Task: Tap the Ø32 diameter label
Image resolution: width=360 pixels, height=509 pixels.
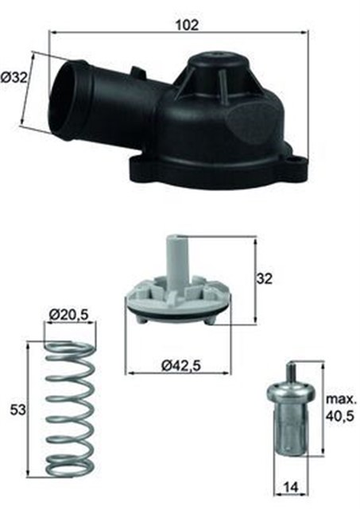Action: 14,78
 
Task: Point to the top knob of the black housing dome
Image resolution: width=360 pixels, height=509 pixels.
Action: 218,56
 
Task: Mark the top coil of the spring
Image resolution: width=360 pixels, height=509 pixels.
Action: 69,347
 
